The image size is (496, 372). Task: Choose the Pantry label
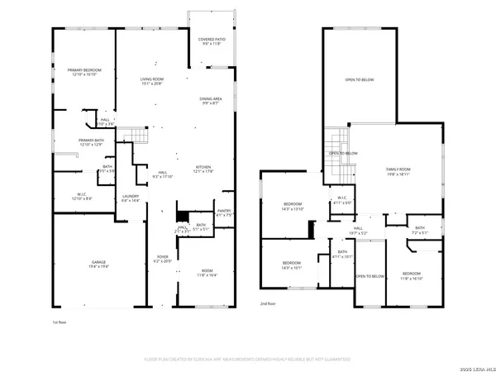coord(223,212)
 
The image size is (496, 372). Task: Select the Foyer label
coord(163,259)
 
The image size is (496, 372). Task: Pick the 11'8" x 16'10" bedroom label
coord(412,276)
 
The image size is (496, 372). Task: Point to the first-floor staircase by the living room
coord(133,136)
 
